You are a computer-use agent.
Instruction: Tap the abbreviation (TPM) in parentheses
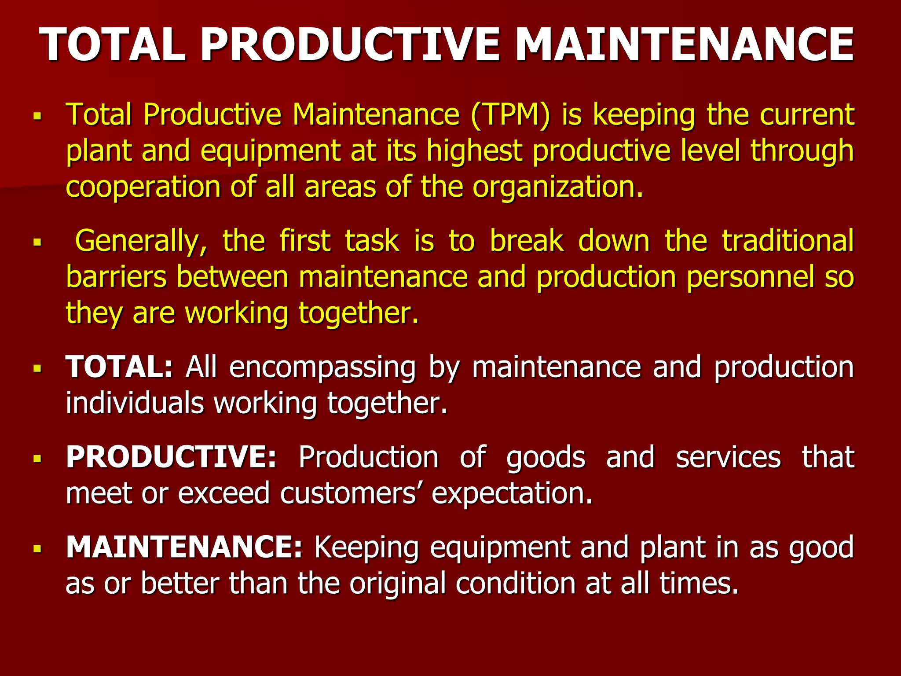pos(510,115)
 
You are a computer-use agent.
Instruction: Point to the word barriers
pos(116,277)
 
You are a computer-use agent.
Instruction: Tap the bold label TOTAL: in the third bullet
pos(119,367)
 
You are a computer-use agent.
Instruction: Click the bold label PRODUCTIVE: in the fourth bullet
pos(172,457)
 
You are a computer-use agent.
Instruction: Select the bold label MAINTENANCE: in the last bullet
pos(184,547)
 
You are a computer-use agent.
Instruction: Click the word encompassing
pos(322,368)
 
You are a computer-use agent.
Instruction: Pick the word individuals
pos(135,403)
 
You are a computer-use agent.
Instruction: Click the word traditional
pos(787,241)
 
